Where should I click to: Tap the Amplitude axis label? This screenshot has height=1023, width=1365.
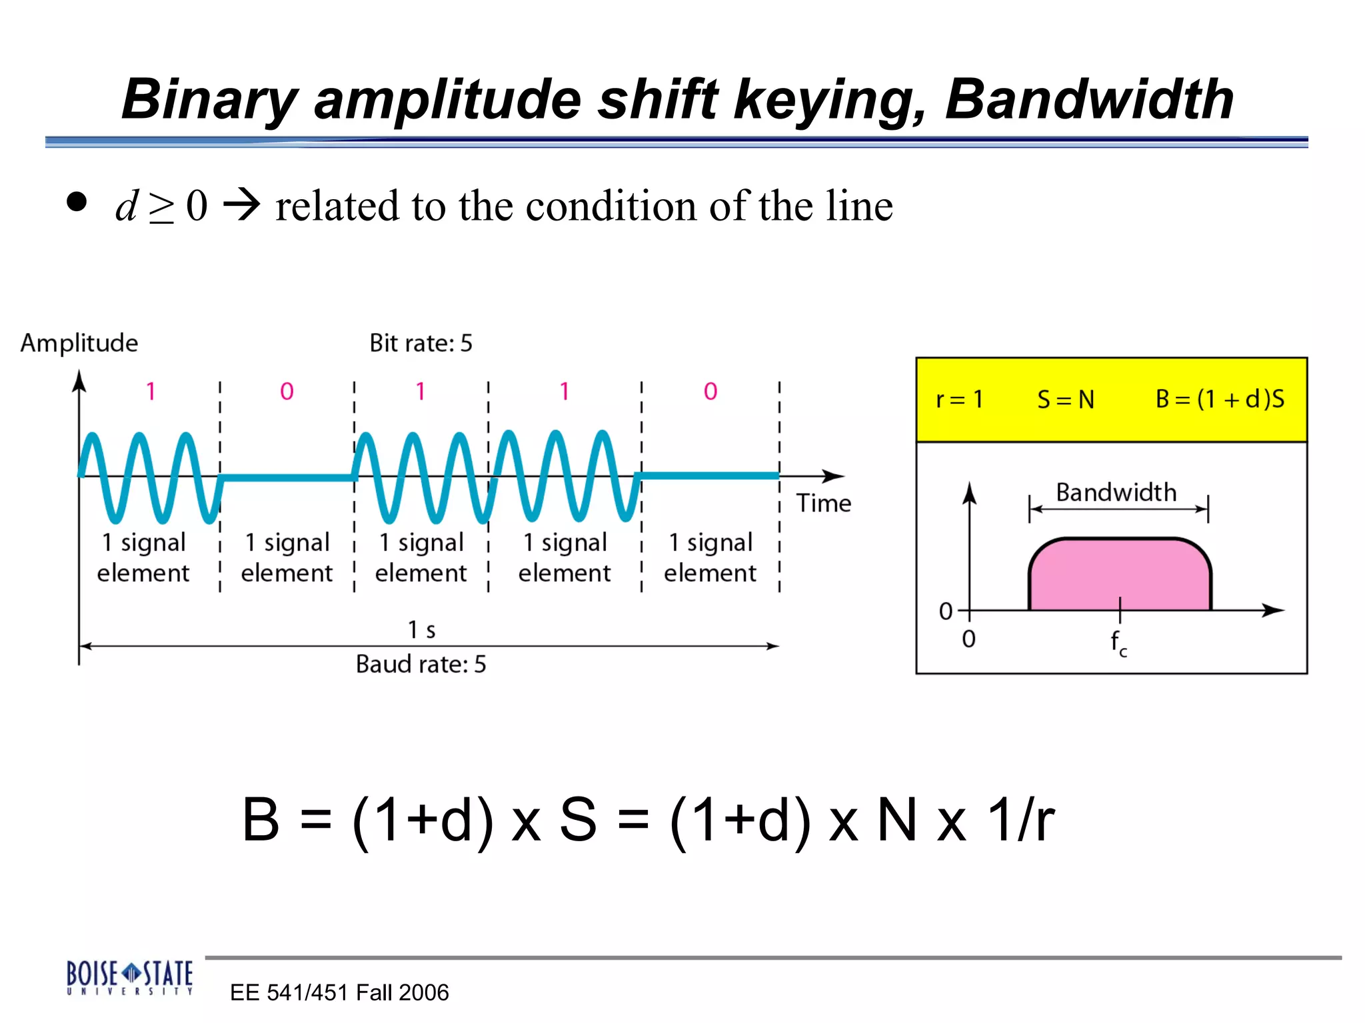(79, 343)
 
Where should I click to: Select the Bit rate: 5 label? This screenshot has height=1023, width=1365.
(421, 343)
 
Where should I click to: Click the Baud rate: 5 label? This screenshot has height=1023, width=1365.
(421, 664)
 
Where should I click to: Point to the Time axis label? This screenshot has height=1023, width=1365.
(823, 504)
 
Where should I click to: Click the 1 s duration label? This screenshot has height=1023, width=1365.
(421, 629)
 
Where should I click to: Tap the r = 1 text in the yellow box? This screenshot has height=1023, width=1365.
(959, 400)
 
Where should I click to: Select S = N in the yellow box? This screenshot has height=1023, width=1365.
(1065, 400)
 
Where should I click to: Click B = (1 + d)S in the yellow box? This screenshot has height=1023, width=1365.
(1220, 399)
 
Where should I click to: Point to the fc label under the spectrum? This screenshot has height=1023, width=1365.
(1118, 643)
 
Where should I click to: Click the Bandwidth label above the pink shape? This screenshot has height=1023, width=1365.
(1116, 493)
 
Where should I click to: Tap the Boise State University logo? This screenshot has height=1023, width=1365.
(129, 977)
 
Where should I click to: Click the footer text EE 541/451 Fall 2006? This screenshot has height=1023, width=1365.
(339, 992)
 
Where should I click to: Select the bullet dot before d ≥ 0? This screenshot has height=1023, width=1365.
(77, 202)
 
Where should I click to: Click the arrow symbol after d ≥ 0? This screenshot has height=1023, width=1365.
(241, 204)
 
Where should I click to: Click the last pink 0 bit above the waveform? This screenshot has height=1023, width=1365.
(710, 392)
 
